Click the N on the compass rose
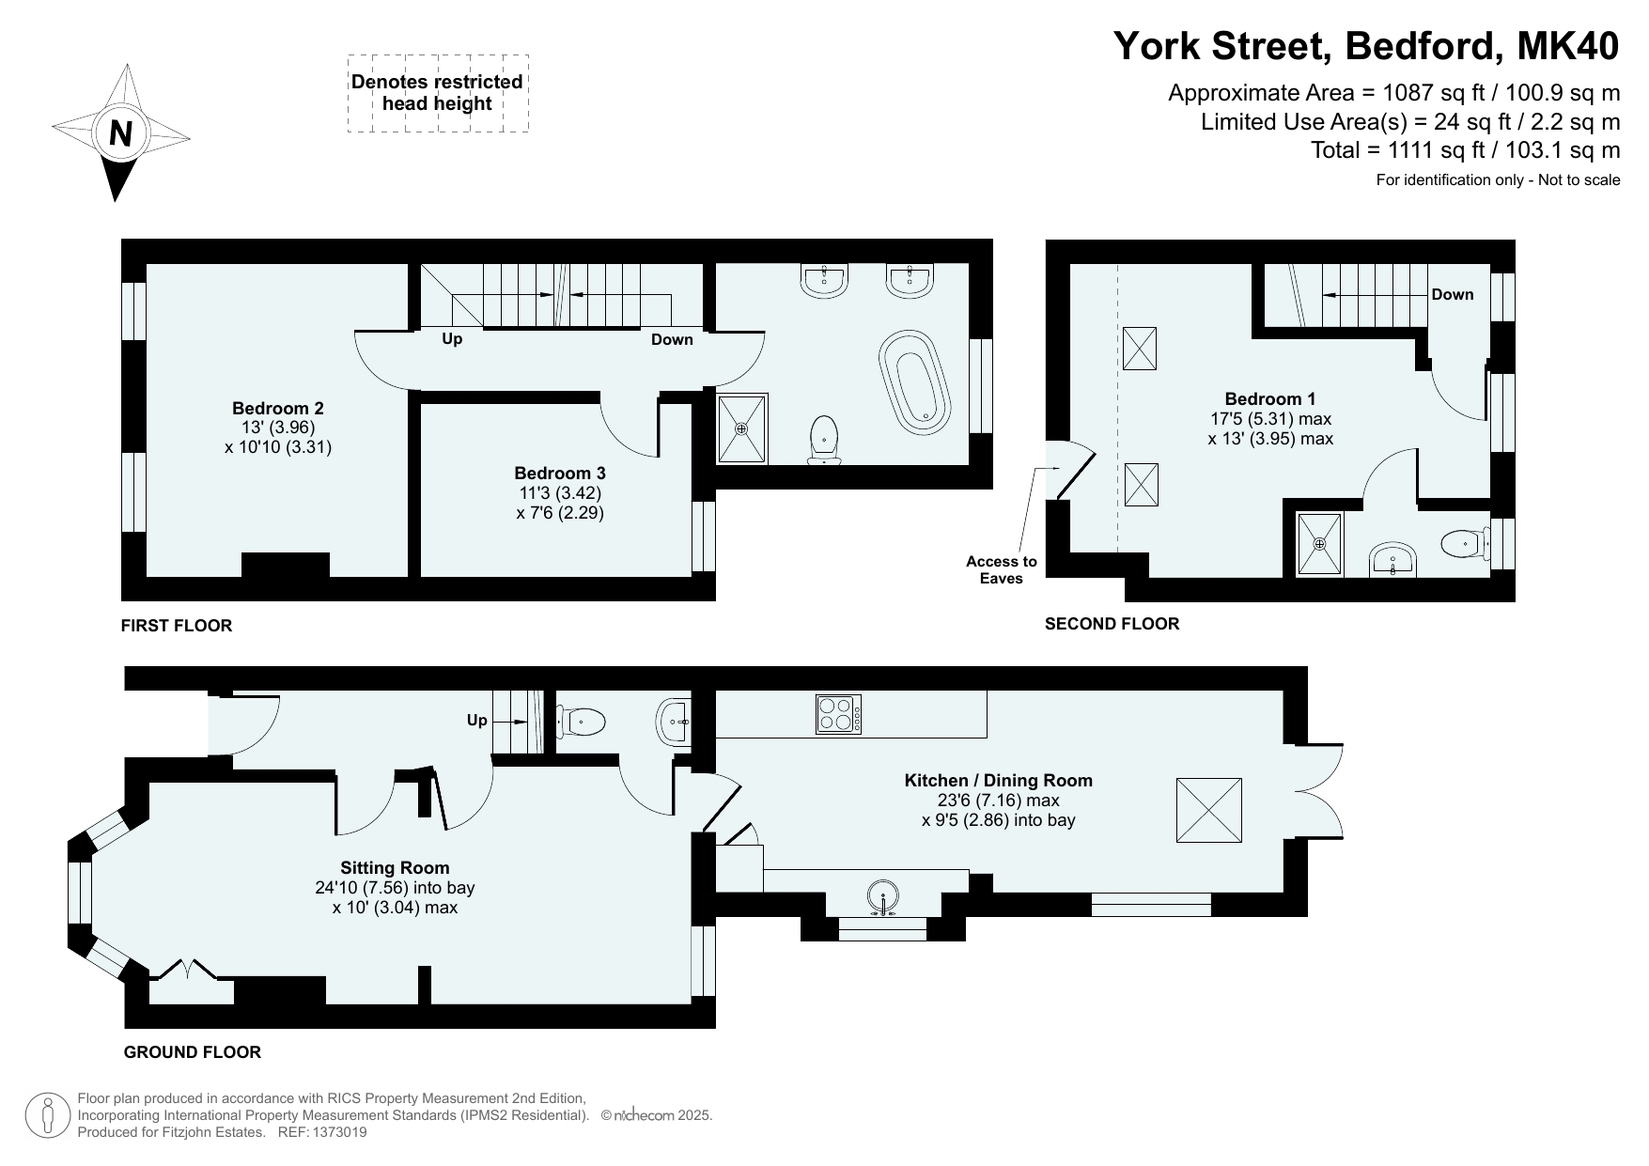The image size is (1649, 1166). pyautogui.click(x=120, y=134)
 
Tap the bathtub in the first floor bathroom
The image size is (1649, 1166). pyautogui.click(x=915, y=381)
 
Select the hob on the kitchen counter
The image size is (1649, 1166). pyautogui.click(x=838, y=713)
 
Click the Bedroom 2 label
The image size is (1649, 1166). pyautogui.click(x=278, y=408)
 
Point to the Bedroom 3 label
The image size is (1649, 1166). pyautogui.click(x=560, y=474)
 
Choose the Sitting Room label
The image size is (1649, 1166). pyautogui.click(x=395, y=867)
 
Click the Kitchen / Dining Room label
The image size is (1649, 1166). pyautogui.click(x=998, y=780)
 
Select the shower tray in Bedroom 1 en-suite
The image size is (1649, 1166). pyautogui.click(x=1320, y=544)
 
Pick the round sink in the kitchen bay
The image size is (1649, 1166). pyautogui.click(x=883, y=897)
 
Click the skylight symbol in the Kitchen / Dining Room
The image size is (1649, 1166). pyautogui.click(x=1209, y=810)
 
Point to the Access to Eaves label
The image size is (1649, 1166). pyautogui.click(x=1001, y=569)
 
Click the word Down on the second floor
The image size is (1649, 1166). pyautogui.click(x=1452, y=294)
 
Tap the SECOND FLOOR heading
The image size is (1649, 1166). pyautogui.click(x=1112, y=623)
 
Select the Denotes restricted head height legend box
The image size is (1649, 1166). pyautogui.click(x=438, y=93)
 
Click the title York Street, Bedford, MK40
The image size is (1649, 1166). pyautogui.click(x=1366, y=45)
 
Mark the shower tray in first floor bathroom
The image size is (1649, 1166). pyautogui.click(x=742, y=428)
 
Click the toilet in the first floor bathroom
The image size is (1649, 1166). pyautogui.click(x=824, y=440)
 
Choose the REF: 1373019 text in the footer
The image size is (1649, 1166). pyautogui.click(x=322, y=1132)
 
